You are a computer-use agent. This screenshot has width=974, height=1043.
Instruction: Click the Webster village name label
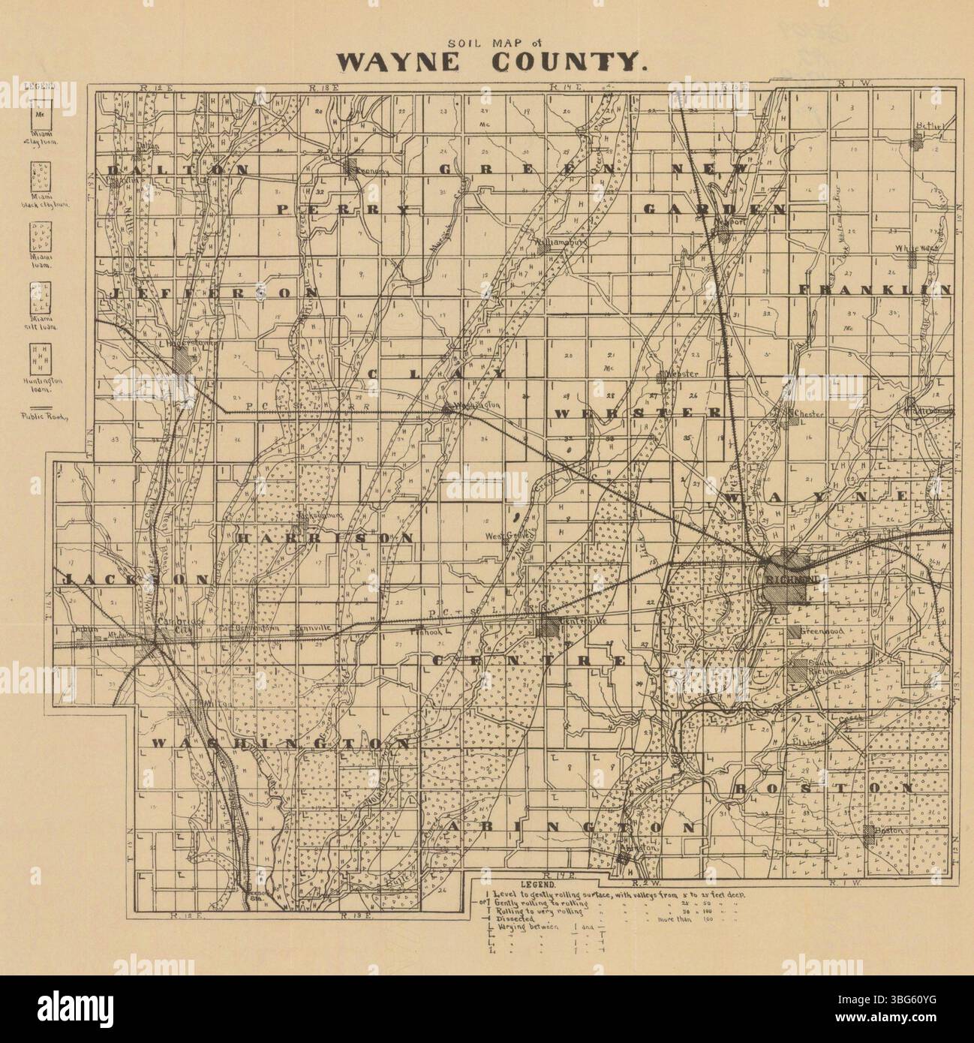pyautogui.click(x=684, y=374)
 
